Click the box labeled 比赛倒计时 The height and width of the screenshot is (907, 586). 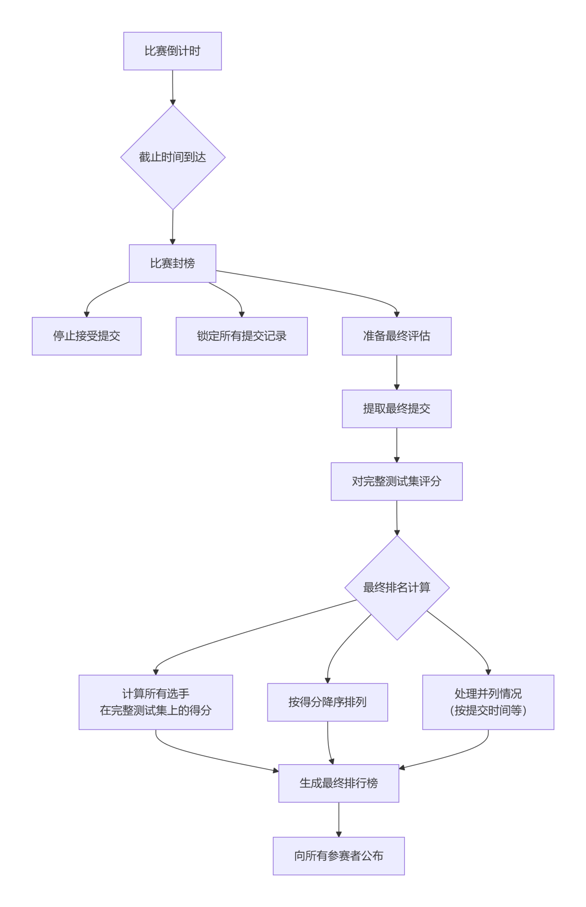pos(172,51)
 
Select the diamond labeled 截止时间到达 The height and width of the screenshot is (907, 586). pos(173,157)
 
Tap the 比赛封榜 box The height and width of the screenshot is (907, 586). pos(172,263)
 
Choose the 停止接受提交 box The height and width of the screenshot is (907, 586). pos(86,336)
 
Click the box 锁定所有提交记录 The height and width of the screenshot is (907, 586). pos(241,336)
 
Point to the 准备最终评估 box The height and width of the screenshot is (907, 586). pos(396,336)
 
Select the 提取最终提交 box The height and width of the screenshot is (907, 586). pos(396,409)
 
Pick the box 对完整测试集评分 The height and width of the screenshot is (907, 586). pos(396,481)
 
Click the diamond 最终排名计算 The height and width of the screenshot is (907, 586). pos(397,587)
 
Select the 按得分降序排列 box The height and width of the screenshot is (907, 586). pos(327,702)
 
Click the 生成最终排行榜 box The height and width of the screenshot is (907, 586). pos(339,783)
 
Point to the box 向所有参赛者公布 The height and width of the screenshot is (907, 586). pos(339,856)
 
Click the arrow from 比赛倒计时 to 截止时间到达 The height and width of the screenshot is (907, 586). pos(173,87)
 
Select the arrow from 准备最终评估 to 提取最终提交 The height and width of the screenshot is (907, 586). pos(397,372)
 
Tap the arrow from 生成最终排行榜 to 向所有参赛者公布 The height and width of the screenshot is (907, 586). pos(339,820)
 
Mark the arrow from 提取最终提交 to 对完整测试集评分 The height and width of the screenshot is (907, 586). pos(397,445)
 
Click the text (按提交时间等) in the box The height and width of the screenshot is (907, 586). pos(488,711)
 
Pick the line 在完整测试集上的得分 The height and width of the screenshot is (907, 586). pos(156,711)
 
